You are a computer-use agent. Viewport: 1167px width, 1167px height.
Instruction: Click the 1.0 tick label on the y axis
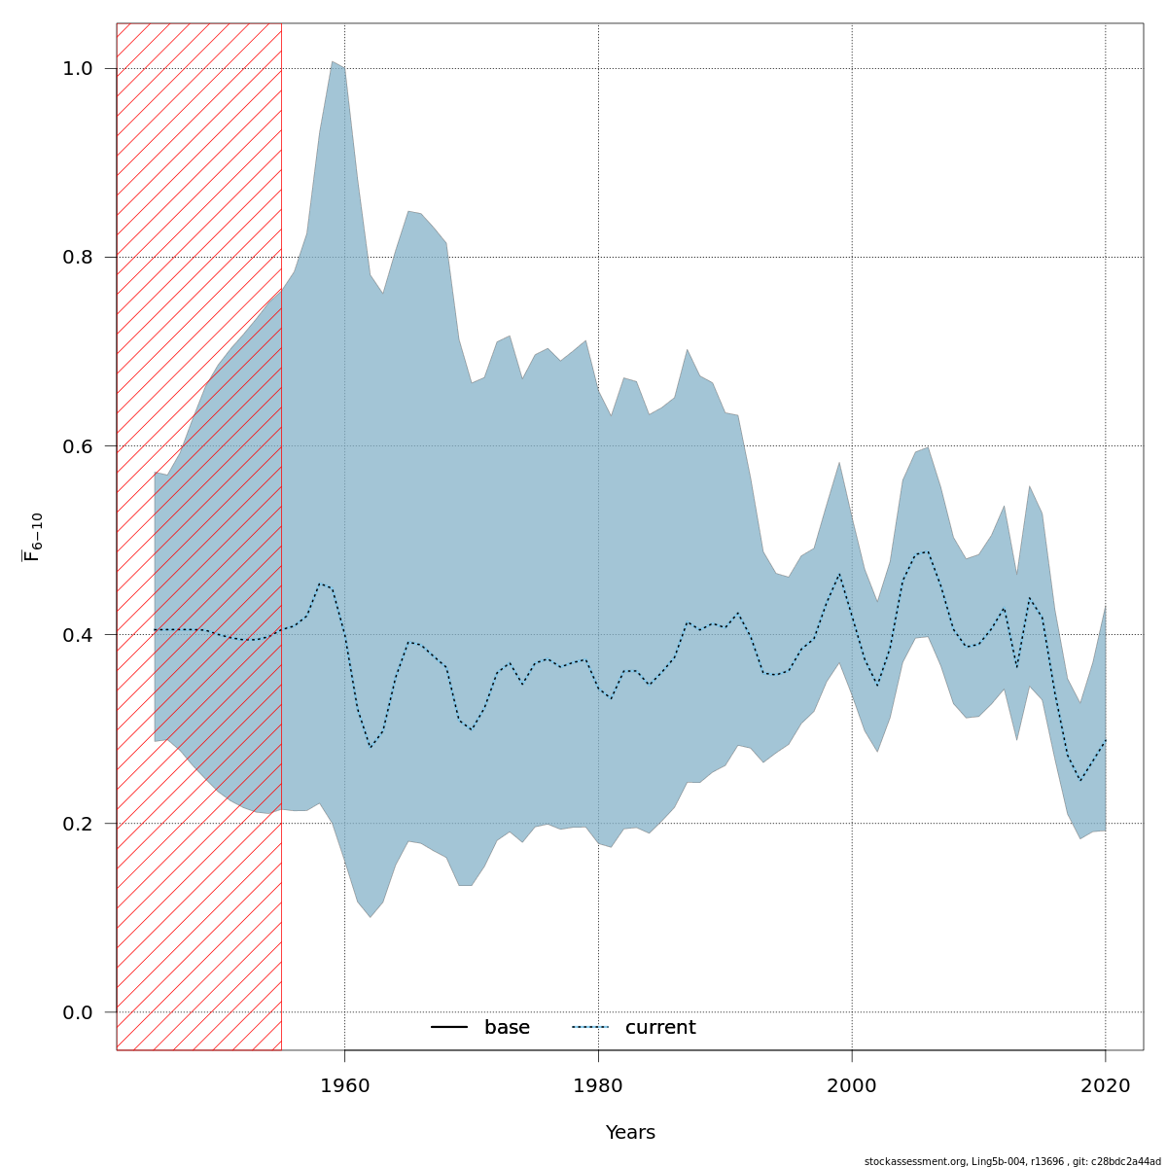coord(79,69)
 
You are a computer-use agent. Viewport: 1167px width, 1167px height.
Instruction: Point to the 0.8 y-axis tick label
coord(79,258)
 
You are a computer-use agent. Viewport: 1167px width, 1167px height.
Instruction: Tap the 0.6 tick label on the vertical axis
coord(79,446)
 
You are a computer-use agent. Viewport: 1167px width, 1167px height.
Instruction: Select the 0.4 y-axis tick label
coord(79,635)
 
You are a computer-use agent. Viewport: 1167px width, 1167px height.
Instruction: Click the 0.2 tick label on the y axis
coord(79,824)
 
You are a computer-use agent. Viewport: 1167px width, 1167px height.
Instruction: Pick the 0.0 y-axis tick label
coord(79,1012)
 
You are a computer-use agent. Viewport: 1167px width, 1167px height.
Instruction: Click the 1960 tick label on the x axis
coord(344,1086)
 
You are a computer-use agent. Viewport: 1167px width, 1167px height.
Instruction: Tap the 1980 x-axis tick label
coord(598,1086)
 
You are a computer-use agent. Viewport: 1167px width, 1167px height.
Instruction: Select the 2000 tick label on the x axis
coord(852,1086)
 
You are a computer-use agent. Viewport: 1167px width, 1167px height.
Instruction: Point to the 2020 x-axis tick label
coord(1106,1086)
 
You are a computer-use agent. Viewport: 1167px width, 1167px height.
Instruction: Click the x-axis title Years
coord(630,1133)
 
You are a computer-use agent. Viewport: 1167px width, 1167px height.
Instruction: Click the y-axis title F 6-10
coord(34,537)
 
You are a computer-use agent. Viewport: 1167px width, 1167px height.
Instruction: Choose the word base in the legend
coord(507,1028)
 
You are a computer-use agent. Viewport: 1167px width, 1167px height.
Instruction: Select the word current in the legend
coord(660,1028)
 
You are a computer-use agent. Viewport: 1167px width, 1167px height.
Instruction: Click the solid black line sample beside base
coord(449,1028)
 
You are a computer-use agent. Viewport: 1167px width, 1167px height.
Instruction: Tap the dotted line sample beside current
coord(589,1028)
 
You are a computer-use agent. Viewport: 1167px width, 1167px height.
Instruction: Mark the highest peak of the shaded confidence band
coord(333,62)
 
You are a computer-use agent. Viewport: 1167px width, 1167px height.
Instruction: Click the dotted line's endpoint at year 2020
coord(1106,740)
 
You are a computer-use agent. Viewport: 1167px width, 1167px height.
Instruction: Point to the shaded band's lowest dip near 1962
coord(371,916)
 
